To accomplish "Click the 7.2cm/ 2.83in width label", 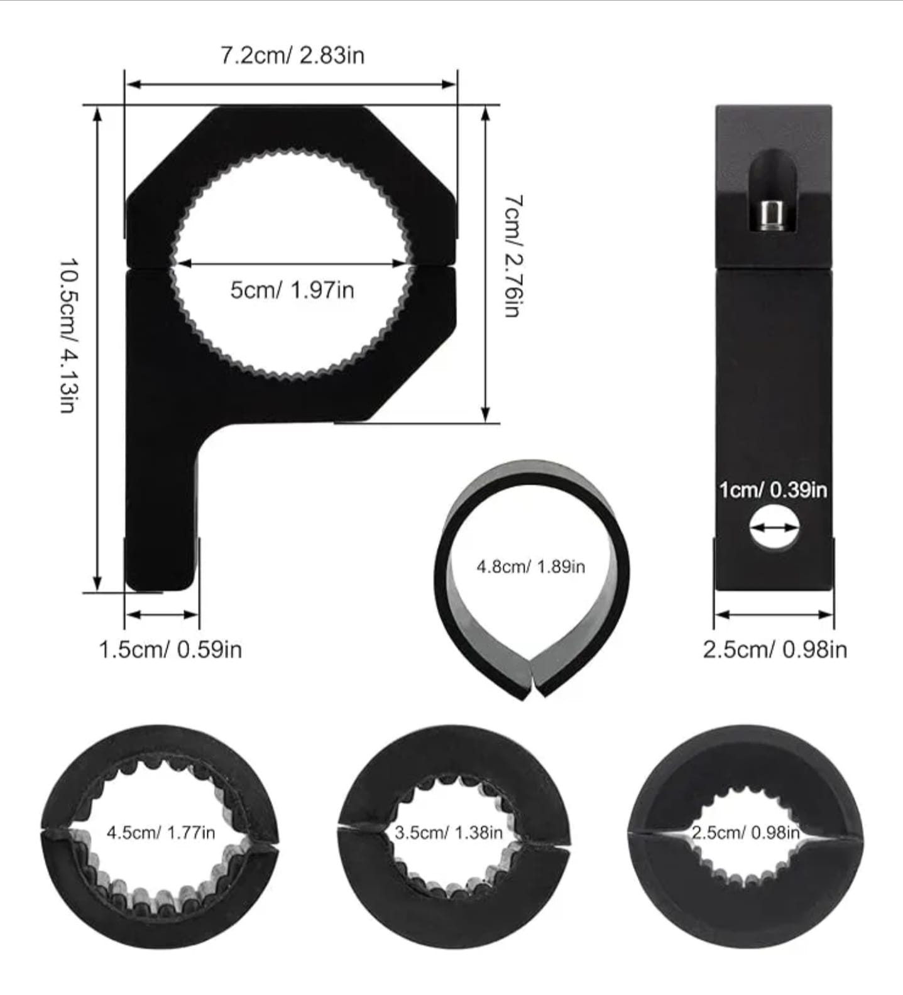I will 292,55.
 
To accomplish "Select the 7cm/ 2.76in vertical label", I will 512,256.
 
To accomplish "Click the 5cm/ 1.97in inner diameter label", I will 292,290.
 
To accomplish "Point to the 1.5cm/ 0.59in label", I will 170,650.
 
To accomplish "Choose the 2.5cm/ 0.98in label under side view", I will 775,650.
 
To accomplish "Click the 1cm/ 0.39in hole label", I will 773,490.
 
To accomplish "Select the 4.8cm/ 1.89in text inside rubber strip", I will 531,567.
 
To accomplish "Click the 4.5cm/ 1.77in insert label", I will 161,833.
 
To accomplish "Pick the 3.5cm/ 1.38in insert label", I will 449,833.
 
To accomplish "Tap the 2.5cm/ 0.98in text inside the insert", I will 745,833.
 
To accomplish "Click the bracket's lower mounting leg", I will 162,515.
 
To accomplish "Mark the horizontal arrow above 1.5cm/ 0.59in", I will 162,614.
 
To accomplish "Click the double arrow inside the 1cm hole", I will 774,529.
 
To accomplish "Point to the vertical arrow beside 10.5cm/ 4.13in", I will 97,349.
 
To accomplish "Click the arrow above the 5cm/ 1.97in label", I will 291,264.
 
